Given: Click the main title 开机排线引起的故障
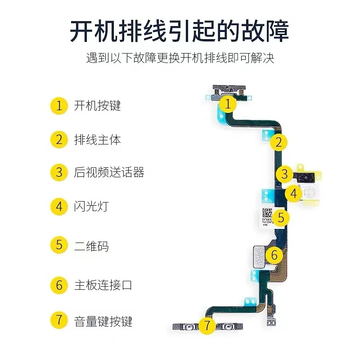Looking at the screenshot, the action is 180,30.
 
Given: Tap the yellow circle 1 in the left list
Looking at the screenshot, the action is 59,106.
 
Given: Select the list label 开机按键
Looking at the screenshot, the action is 98,106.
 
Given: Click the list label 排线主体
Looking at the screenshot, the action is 98,139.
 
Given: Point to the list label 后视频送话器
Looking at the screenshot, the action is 109,172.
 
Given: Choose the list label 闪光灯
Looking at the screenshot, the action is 91,207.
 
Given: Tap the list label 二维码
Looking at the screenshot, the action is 91,246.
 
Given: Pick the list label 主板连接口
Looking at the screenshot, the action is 103,285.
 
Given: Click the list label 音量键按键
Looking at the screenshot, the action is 103,321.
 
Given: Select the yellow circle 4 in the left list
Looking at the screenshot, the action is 59,207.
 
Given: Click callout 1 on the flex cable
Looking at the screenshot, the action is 228,104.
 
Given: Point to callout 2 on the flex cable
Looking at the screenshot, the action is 279,143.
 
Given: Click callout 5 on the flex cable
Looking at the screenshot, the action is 281,218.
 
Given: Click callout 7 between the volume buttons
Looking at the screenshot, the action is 207,325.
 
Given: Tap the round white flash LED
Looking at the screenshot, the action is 309,193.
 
